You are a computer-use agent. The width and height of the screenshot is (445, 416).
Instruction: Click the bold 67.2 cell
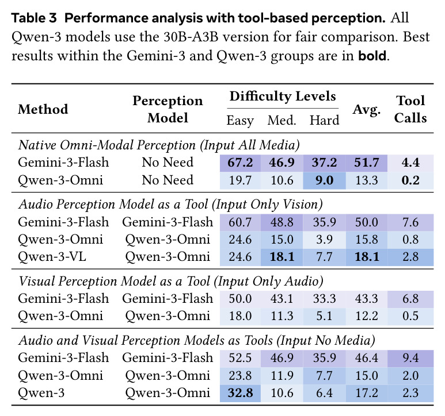tap(240, 163)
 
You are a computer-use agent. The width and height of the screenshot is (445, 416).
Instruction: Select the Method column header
tap(43, 109)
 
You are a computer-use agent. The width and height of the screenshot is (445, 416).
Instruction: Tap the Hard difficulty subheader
tap(324, 120)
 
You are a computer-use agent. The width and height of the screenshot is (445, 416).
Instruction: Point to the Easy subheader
tap(240, 121)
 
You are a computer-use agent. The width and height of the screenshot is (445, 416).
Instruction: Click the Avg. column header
tap(367, 110)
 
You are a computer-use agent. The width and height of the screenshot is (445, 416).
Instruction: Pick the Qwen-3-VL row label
tap(52, 257)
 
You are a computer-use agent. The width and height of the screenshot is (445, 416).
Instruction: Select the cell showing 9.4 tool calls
tap(410, 358)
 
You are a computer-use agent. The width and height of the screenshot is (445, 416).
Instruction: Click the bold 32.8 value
tap(240, 393)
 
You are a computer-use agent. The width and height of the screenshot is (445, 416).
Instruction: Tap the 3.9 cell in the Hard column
tap(324, 240)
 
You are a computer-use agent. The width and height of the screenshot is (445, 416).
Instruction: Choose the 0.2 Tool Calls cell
tap(410, 180)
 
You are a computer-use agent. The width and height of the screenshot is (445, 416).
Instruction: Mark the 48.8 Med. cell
tap(282, 222)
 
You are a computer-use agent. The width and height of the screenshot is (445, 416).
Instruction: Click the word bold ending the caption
tap(372, 56)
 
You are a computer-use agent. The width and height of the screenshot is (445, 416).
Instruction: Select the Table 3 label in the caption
tap(34, 18)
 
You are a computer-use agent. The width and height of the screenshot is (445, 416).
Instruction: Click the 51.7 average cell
tap(367, 163)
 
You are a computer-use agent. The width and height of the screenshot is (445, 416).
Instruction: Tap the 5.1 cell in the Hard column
tap(324, 316)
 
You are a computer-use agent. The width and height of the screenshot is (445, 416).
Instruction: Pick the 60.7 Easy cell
tap(240, 222)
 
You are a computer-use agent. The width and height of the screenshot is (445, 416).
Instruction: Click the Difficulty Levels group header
tap(283, 97)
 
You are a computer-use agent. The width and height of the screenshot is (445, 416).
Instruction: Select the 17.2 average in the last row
tap(367, 393)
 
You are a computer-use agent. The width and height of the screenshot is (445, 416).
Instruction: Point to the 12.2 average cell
tap(367, 316)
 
